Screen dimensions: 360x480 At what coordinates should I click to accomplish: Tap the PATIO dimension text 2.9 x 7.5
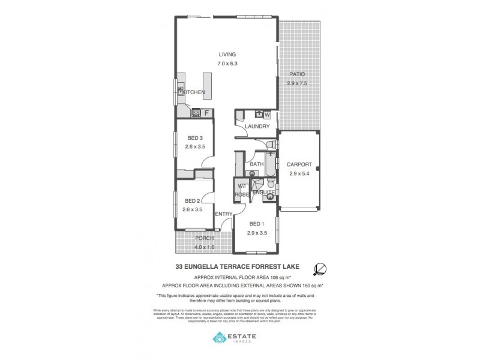(297, 83)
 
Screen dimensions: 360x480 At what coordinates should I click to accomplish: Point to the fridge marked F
(206, 112)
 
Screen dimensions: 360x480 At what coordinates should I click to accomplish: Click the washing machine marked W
(268, 114)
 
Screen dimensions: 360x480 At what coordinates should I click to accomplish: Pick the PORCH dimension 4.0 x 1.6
(204, 247)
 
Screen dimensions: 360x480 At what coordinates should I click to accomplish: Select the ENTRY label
(223, 214)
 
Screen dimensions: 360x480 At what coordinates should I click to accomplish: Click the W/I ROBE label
(241, 190)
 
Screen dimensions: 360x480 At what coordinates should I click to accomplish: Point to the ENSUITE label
(263, 192)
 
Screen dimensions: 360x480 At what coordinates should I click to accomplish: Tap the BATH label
(257, 164)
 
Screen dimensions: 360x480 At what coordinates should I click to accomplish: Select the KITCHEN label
(194, 92)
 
